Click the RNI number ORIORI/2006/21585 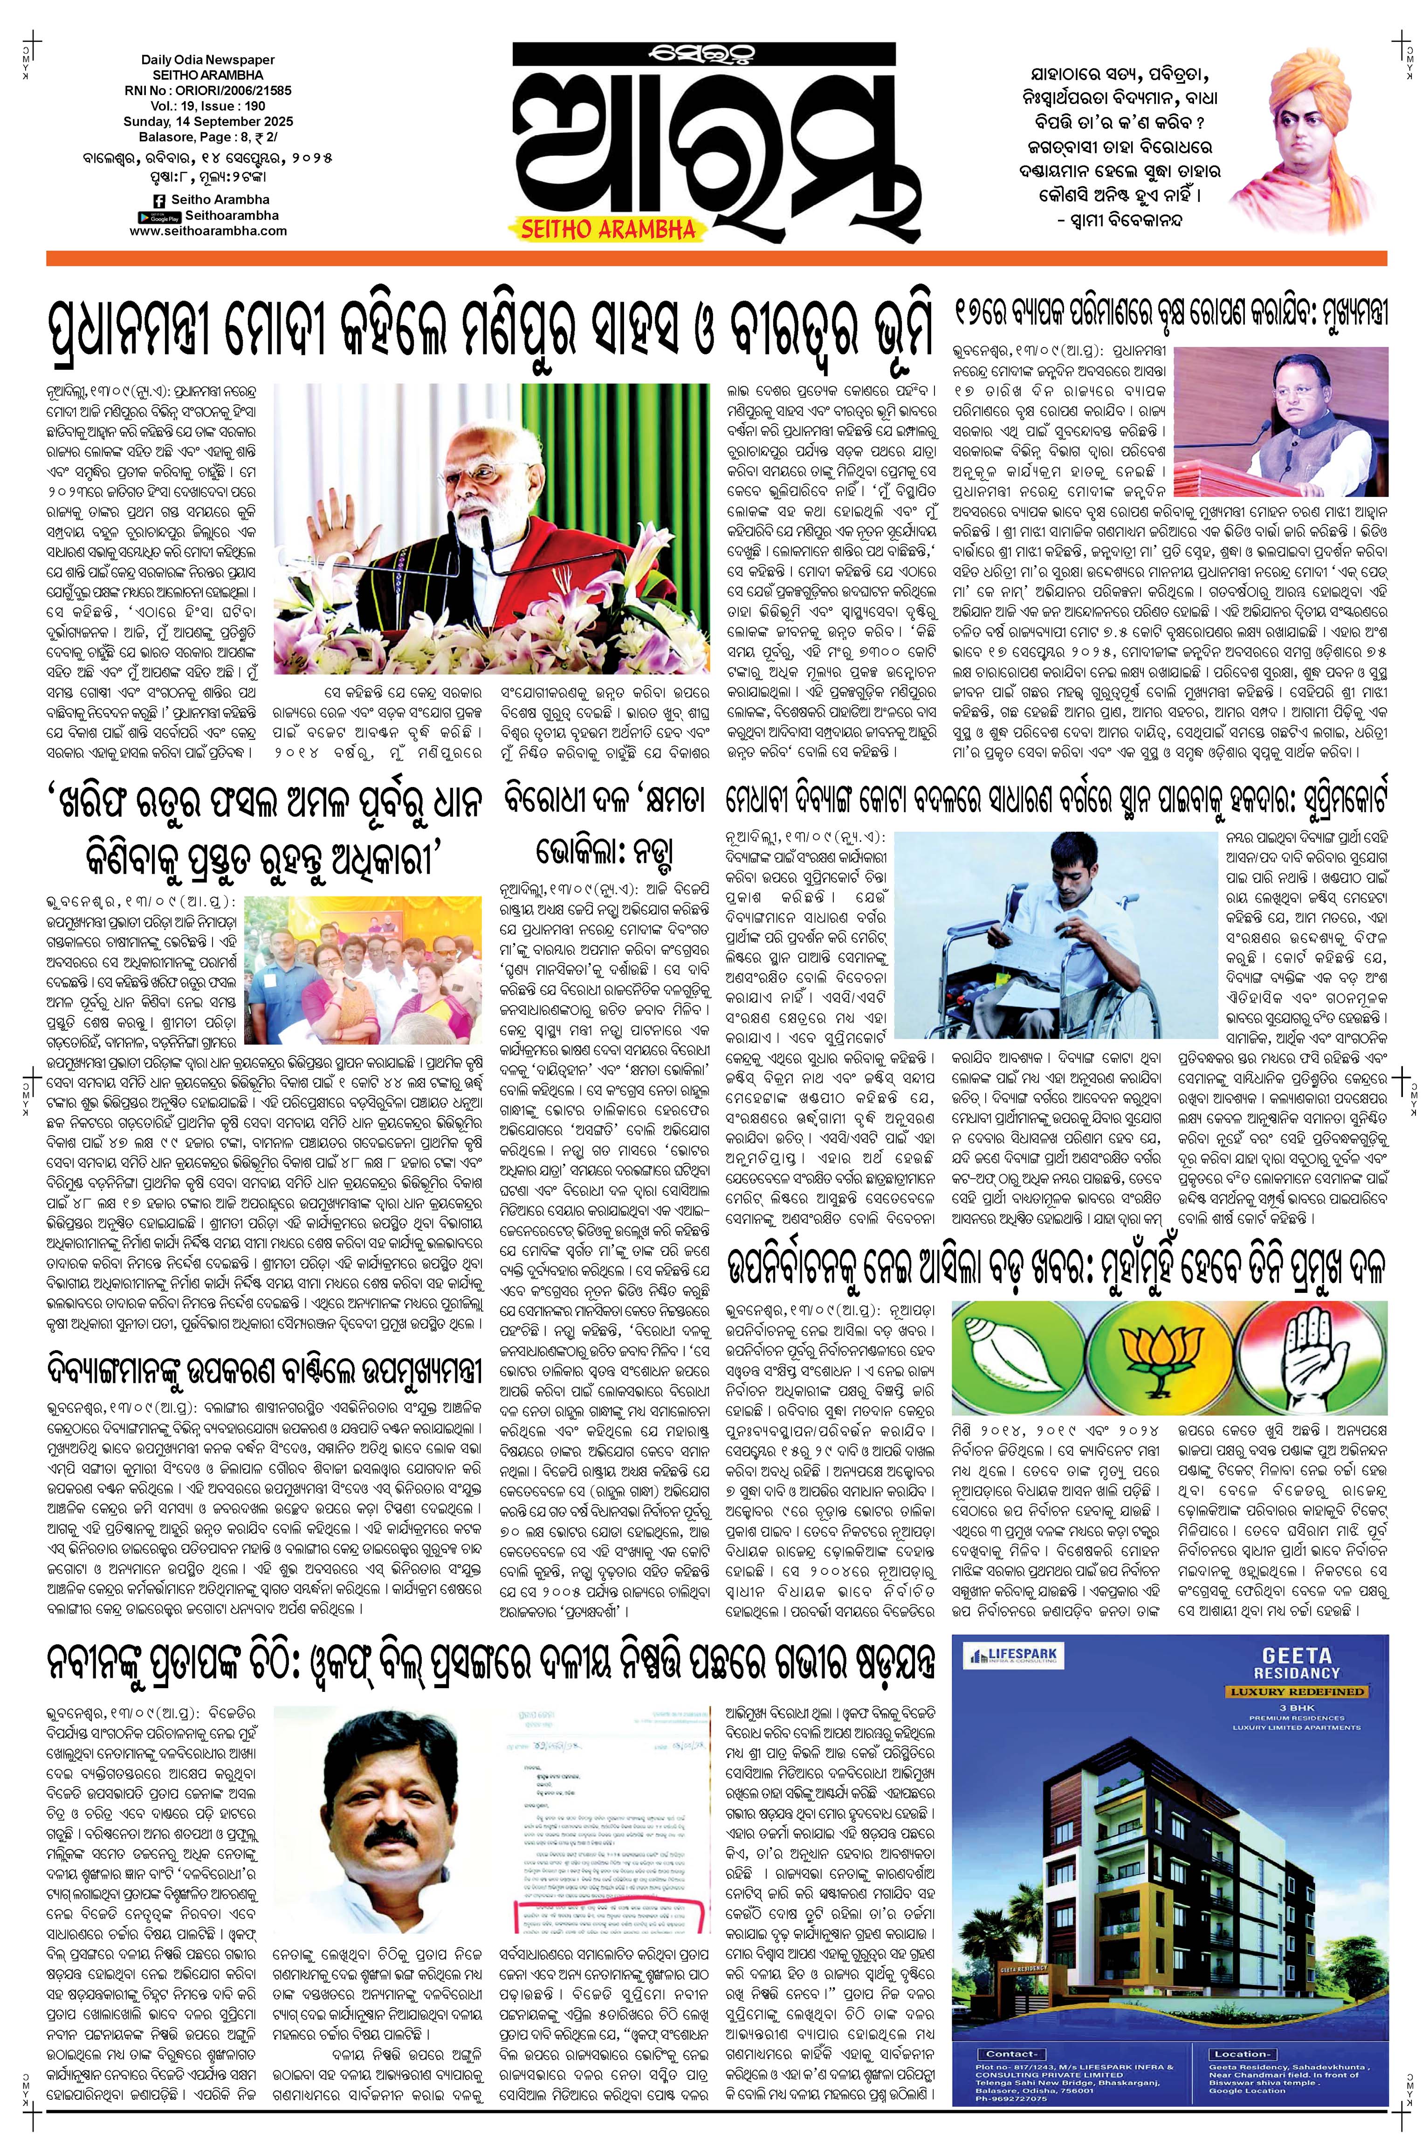[230, 91]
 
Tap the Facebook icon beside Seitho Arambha [159, 200]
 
